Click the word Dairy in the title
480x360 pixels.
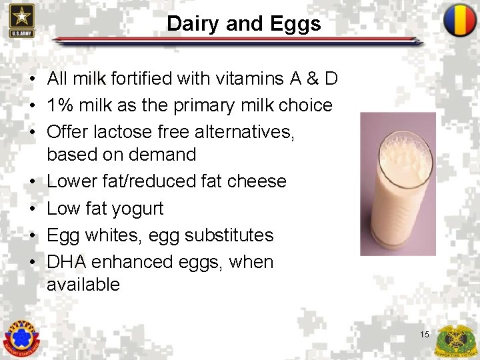[x=193, y=25]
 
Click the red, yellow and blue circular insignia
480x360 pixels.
[x=460, y=20]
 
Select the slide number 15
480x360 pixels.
[x=425, y=334]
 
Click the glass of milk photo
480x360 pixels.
[x=397, y=183]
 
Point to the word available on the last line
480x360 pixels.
[x=83, y=285]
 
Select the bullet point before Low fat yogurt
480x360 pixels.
[x=32, y=209]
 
